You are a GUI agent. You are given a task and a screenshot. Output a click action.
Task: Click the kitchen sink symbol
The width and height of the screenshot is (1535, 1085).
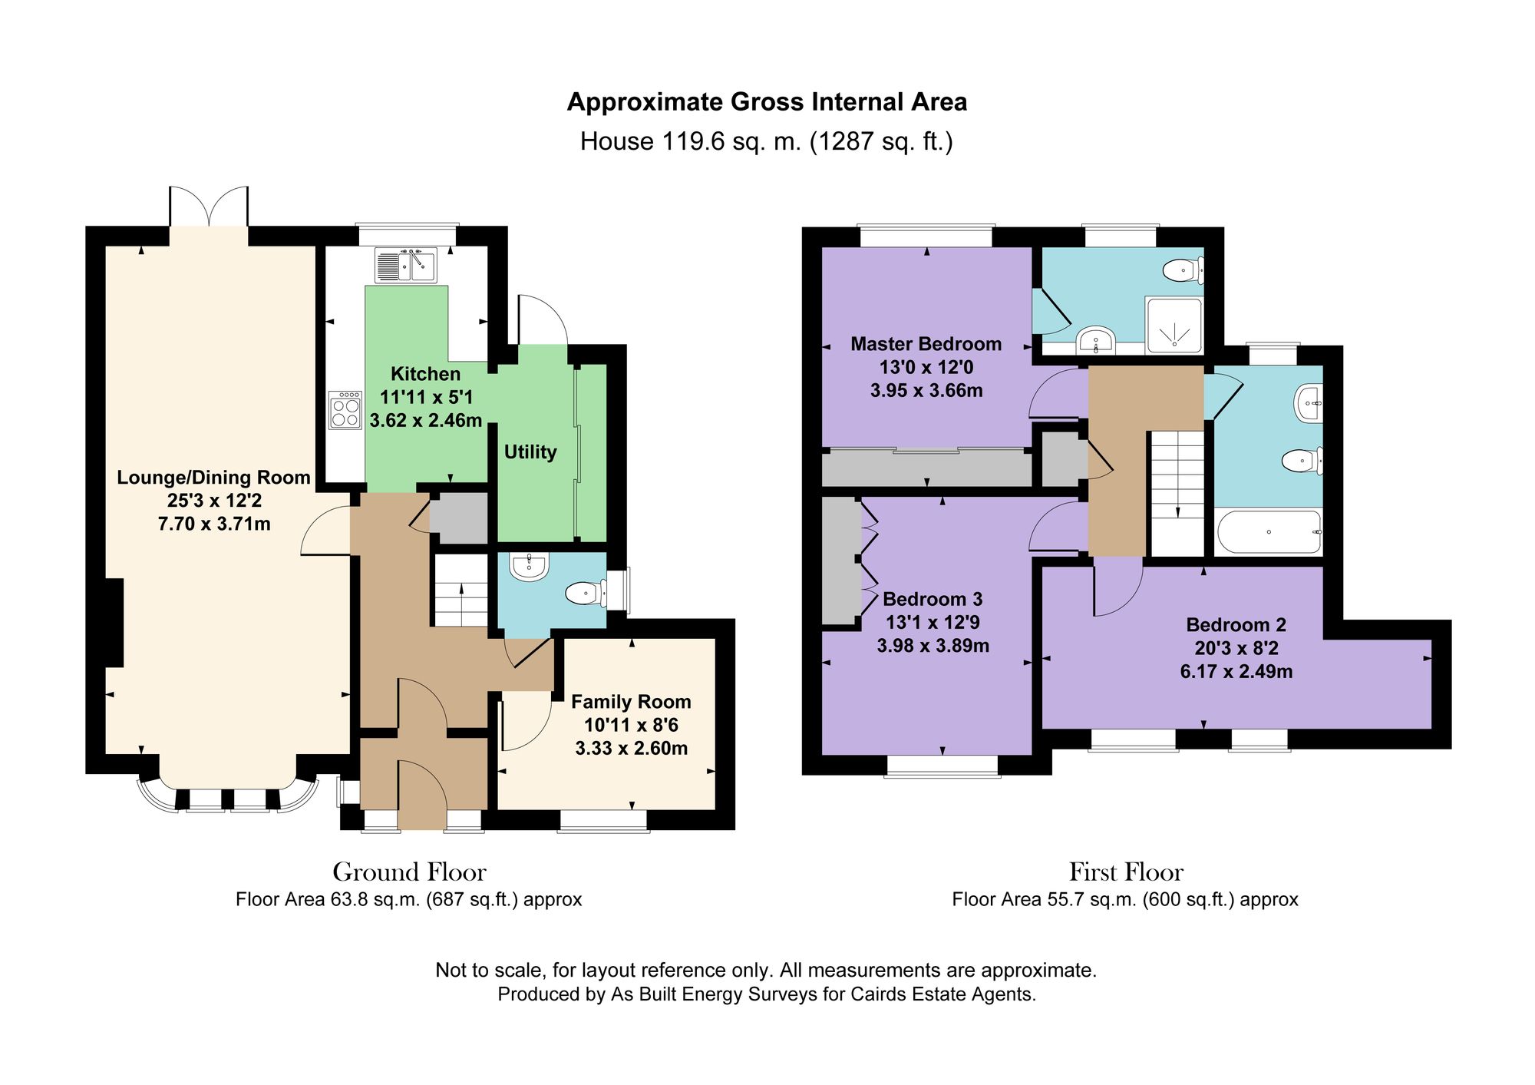click(405, 265)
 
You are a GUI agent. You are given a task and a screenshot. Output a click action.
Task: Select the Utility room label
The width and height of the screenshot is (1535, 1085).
click(530, 452)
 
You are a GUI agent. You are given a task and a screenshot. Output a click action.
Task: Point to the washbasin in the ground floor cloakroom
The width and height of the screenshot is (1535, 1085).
click(529, 567)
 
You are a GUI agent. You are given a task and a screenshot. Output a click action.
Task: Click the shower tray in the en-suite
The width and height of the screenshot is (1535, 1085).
click(1174, 326)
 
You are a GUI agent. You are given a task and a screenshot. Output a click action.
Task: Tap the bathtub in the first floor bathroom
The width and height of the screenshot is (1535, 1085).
click(1268, 531)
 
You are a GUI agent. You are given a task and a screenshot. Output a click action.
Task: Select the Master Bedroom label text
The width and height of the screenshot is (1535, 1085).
click(926, 344)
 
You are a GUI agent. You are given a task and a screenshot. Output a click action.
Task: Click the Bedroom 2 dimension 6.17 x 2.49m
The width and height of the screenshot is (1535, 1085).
click(1236, 672)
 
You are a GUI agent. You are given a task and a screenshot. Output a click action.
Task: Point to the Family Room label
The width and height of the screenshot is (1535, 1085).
click(631, 702)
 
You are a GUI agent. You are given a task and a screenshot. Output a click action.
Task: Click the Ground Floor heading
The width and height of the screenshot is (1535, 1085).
click(409, 872)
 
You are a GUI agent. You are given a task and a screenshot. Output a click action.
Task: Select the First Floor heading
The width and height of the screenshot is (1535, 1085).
click(1126, 872)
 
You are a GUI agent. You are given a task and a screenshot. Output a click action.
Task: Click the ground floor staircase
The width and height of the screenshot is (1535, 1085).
click(460, 591)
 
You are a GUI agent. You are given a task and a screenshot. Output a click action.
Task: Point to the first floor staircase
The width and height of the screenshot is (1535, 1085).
click(1176, 491)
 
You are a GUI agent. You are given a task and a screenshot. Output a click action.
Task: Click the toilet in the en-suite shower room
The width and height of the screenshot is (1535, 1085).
click(1183, 270)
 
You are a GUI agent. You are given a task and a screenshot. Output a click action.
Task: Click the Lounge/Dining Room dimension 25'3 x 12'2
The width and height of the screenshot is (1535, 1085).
click(214, 501)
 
